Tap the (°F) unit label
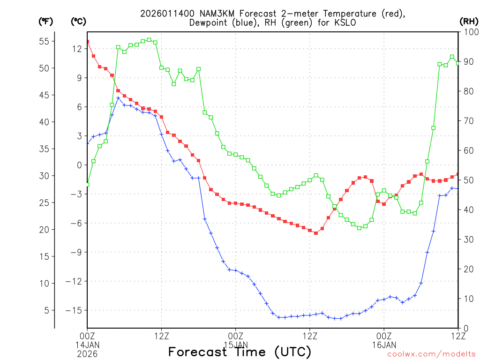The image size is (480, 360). click(46, 21)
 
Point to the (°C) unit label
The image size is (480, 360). click(78, 21)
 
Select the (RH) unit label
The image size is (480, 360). click(469, 21)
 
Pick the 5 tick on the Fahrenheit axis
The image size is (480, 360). click(46, 310)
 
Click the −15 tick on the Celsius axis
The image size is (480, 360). click(75, 310)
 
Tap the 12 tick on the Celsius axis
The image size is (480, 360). click(77, 49)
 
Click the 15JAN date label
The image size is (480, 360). click(235, 345)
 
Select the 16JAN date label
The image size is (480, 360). click(384, 345)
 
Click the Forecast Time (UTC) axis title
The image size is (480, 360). click(240, 352)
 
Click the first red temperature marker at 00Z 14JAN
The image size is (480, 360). click(87, 42)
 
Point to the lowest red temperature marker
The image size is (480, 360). click(316, 233)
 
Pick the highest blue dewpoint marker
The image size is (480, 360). click(118, 98)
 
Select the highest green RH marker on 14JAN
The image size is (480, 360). click(149, 40)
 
